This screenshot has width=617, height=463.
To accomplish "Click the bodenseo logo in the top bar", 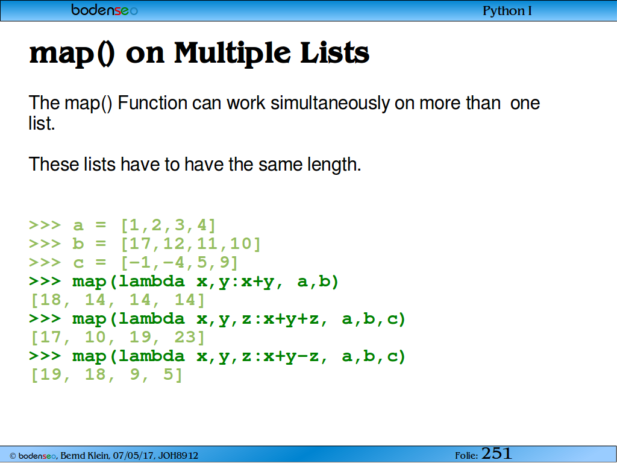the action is pos(104,10).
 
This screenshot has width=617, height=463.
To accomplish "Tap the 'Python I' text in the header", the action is pos(507,11).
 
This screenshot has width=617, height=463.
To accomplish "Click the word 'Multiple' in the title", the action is pos(233,54).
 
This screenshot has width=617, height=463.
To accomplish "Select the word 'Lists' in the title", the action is pos(335,53).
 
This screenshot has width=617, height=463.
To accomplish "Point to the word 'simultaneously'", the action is pos(330,103).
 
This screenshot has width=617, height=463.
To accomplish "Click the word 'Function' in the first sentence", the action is pos(152,103).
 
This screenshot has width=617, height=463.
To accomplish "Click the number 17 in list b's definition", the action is pos(140,244).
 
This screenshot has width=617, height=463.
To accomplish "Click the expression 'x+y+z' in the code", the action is pos(291,319).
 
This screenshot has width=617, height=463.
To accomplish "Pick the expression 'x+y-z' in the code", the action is pos(291,356).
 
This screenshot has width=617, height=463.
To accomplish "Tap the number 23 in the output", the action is pos(185,338).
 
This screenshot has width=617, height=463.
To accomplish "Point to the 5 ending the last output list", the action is pos(169,374).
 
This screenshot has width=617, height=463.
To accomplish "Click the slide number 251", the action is pos(496,453).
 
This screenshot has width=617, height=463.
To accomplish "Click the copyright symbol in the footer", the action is pos(13,456).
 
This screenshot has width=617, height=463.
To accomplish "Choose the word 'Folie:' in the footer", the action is pos(466,456).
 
